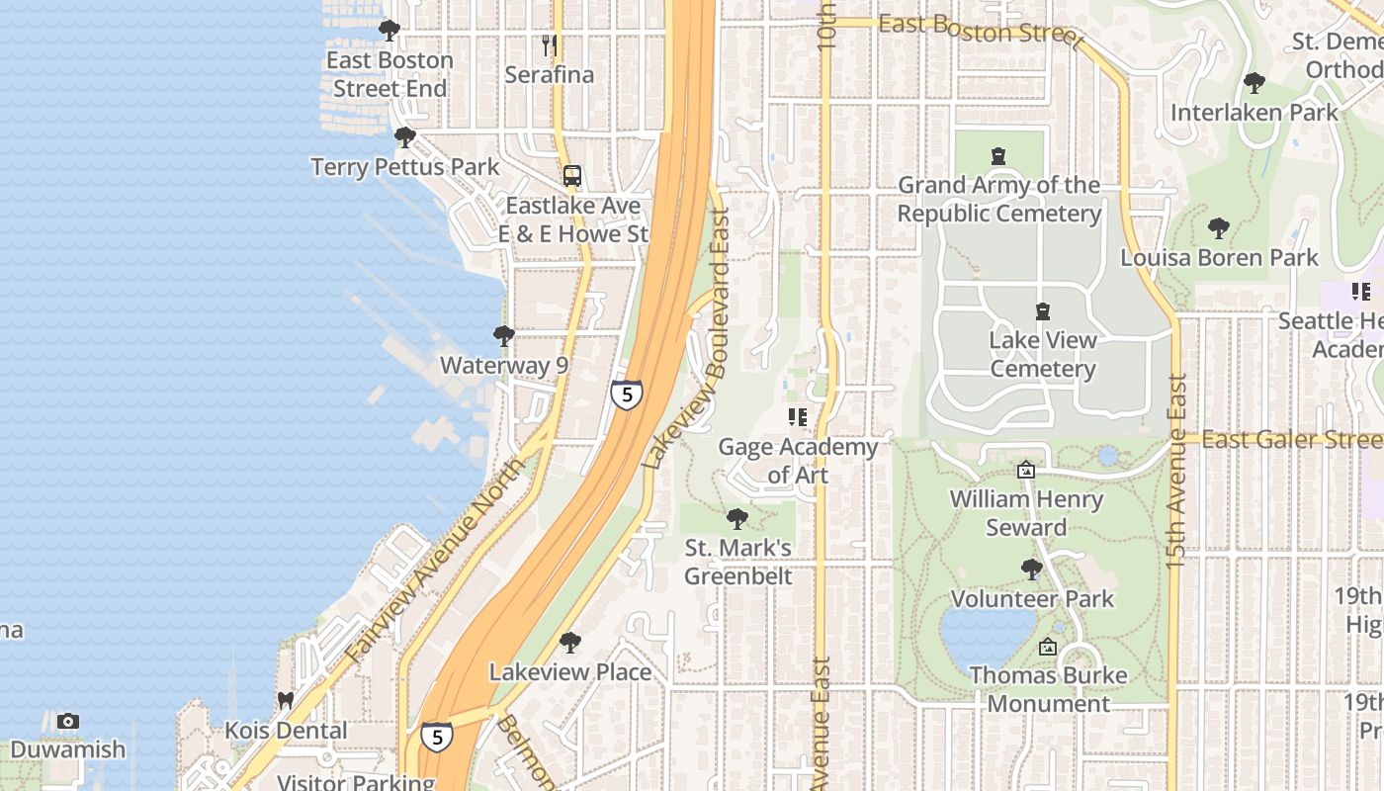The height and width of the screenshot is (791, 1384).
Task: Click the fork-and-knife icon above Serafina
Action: coord(551,45)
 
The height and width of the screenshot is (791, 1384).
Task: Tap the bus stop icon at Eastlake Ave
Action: coord(571,176)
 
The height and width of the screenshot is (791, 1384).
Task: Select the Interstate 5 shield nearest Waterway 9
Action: coord(626,395)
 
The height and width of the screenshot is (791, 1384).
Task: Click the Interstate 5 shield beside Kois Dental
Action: coord(436,737)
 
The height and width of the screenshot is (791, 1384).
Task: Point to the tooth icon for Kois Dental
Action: coord(286,701)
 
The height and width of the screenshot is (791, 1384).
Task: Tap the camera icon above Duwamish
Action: coord(67,721)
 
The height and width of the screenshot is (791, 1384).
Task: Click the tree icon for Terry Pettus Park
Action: coord(404,137)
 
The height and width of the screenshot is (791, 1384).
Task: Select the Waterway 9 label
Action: coord(504,365)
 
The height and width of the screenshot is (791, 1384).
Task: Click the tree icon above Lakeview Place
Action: coord(569,643)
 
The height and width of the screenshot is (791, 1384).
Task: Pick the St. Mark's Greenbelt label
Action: coord(738,562)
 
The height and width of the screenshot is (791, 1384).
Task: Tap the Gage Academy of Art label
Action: coord(798,461)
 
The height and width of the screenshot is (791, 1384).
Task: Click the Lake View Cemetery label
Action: coord(1043,354)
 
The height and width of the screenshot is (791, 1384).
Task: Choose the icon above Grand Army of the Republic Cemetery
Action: coord(998,156)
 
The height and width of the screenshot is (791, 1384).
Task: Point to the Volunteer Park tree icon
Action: coord(1031,570)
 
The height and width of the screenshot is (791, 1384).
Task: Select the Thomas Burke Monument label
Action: coord(1048,690)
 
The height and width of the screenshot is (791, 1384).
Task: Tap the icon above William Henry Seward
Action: coord(1026,470)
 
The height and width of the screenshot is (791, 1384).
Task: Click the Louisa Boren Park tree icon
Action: coord(1218,228)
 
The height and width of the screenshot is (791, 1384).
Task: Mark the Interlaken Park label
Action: coord(1254,113)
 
